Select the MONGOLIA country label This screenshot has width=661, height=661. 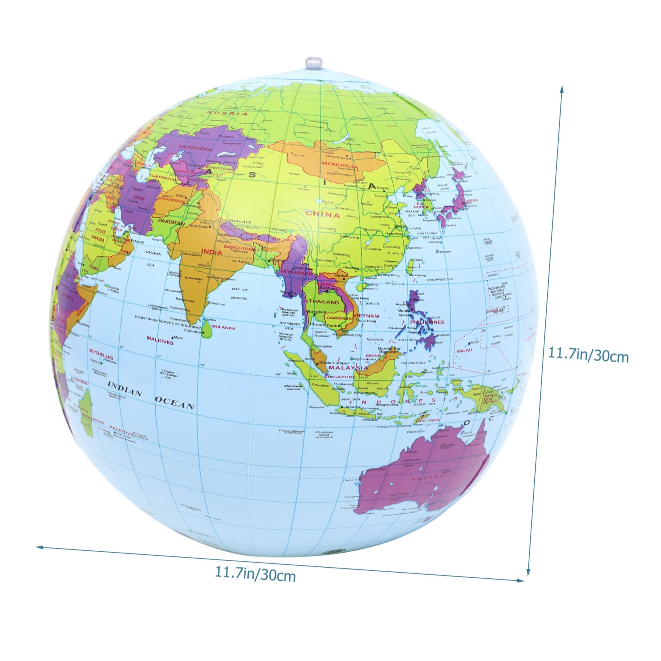[340, 166]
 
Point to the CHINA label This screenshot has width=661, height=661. [323, 215]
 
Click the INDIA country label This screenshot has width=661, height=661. [211, 252]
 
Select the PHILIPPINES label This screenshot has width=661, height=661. [427, 322]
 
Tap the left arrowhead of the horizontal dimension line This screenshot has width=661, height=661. [37, 546]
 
